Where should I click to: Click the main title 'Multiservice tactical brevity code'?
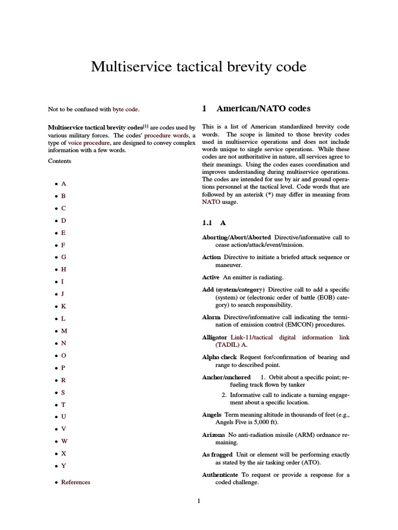(198, 67)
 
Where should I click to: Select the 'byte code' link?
(125, 109)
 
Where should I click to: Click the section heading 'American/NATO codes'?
(263, 109)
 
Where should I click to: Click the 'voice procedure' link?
(89, 142)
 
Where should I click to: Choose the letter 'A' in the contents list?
(64, 184)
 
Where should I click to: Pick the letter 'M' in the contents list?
(64, 331)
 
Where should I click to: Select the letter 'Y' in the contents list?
(64, 465)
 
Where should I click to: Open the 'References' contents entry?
(75, 482)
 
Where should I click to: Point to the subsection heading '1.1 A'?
(214, 223)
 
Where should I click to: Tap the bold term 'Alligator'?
(215, 337)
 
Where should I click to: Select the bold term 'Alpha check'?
(220, 357)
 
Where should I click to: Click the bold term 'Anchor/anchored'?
(226, 377)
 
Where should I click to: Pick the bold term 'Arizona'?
(213, 435)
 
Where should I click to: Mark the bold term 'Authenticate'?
(220, 475)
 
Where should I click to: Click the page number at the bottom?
(198, 500)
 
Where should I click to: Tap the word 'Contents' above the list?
(60, 161)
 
